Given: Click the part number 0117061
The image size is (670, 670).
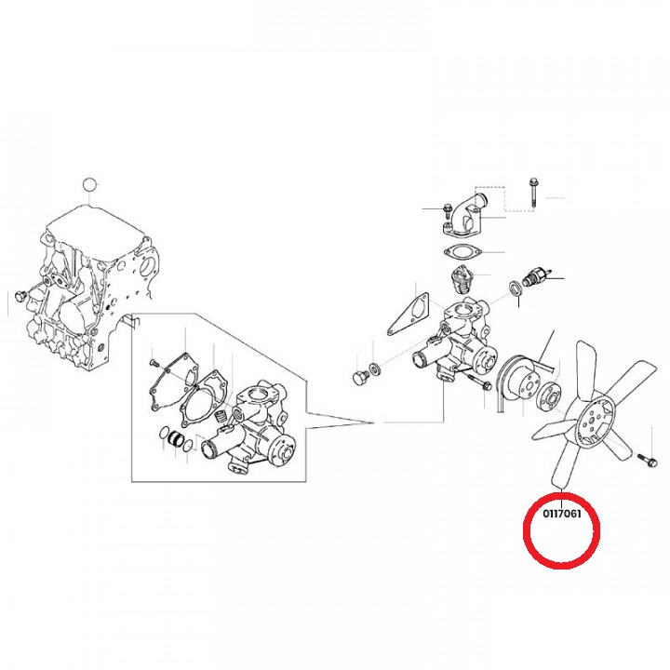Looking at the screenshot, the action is pyautogui.click(x=562, y=513).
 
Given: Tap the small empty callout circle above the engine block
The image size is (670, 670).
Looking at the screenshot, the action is pyautogui.click(x=89, y=185).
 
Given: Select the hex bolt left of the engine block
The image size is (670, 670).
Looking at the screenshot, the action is pyautogui.click(x=20, y=295).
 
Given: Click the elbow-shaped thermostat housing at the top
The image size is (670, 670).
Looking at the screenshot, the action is pyautogui.click(x=468, y=217).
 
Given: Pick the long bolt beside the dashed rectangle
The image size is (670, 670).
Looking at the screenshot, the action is pyautogui.click(x=532, y=194).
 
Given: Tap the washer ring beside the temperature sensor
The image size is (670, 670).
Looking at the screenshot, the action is pyautogui.click(x=515, y=288).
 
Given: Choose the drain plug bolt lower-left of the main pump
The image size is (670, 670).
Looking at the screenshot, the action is pyautogui.click(x=359, y=378).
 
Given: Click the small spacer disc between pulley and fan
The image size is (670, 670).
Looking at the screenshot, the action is pyautogui.click(x=550, y=396).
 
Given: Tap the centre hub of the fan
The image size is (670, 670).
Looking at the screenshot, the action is pyautogui.click(x=591, y=422).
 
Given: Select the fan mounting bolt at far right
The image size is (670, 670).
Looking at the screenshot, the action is pyautogui.click(x=646, y=460).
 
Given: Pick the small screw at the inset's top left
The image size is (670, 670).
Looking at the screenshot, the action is pyautogui.click(x=153, y=363).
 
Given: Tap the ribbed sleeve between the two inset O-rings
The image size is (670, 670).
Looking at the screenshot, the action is pyautogui.click(x=175, y=438).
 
